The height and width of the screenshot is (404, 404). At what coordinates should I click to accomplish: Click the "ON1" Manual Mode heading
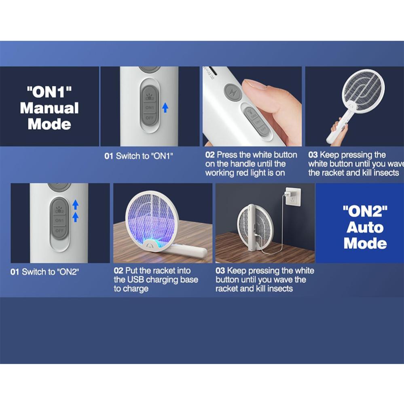click(x=49, y=108)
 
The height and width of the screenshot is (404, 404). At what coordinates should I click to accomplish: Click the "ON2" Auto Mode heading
click(x=365, y=227)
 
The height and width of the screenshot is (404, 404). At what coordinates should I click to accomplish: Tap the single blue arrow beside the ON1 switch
click(x=165, y=108)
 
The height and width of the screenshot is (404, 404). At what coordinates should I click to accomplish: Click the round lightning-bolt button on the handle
click(x=233, y=92)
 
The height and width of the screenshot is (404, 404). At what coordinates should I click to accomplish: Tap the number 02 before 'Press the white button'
click(x=210, y=155)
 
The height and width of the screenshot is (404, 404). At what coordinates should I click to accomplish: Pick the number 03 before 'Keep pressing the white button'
click(x=220, y=271)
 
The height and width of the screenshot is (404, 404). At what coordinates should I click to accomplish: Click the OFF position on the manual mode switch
click(x=150, y=118)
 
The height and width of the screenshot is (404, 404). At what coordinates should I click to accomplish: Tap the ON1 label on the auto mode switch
click(x=59, y=220)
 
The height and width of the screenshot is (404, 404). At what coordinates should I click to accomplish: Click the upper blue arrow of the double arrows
click(x=75, y=205)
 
